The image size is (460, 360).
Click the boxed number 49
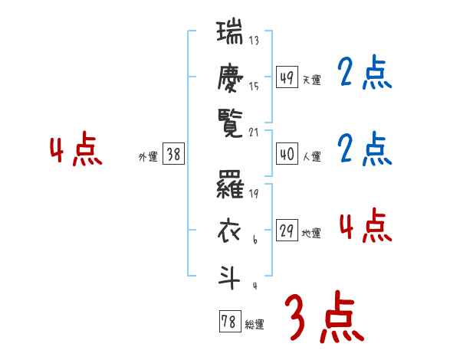pyautogui.click(x=287, y=77)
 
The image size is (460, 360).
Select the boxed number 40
pyautogui.click(x=287, y=154)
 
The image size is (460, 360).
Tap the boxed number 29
pyautogui.click(x=287, y=231)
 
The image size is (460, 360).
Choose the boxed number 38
pyautogui.click(x=173, y=155)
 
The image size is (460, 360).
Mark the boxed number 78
pyautogui.click(x=229, y=322)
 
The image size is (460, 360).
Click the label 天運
pyautogui.click(x=311, y=80)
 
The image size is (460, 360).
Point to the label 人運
pyautogui.click(x=311, y=157)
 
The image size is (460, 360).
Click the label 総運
pyautogui.click(x=255, y=325)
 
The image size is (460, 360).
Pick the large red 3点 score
pyautogui.click(x=324, y=317)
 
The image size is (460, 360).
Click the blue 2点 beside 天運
pyautogui.click(x=363, y=74)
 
